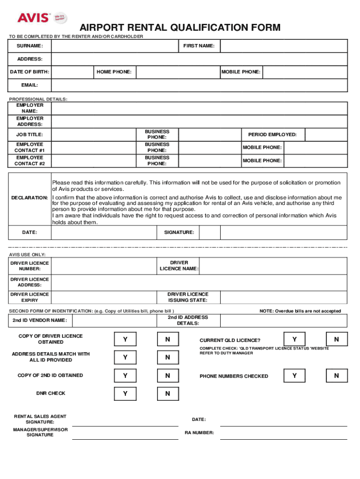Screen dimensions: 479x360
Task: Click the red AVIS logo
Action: (33, 18)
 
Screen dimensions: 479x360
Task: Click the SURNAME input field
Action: (115, 46)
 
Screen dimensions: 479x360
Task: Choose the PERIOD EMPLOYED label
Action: (272, 135)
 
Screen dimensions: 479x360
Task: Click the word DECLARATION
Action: (29, 198)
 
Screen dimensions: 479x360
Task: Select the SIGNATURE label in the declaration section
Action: (179, 232)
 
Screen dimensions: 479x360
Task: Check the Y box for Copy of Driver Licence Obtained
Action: (125, 339)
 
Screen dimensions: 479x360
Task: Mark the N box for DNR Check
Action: (167, 394)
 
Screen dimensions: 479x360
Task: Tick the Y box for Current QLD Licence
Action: (294, 339)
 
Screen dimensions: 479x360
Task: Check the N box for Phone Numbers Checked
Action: (336, 375)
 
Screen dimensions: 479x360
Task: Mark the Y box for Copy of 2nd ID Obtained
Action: (125, 375)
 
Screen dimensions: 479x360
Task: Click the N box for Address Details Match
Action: (167, 357)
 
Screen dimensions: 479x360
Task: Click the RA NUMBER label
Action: (199, 433)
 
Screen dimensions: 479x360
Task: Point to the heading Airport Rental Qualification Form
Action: (180, 28)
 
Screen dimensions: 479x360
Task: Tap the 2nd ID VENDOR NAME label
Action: (40, 320)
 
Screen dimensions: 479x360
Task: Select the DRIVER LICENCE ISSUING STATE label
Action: (188, 297)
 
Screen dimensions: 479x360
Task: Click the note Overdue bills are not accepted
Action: (300, 311)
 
